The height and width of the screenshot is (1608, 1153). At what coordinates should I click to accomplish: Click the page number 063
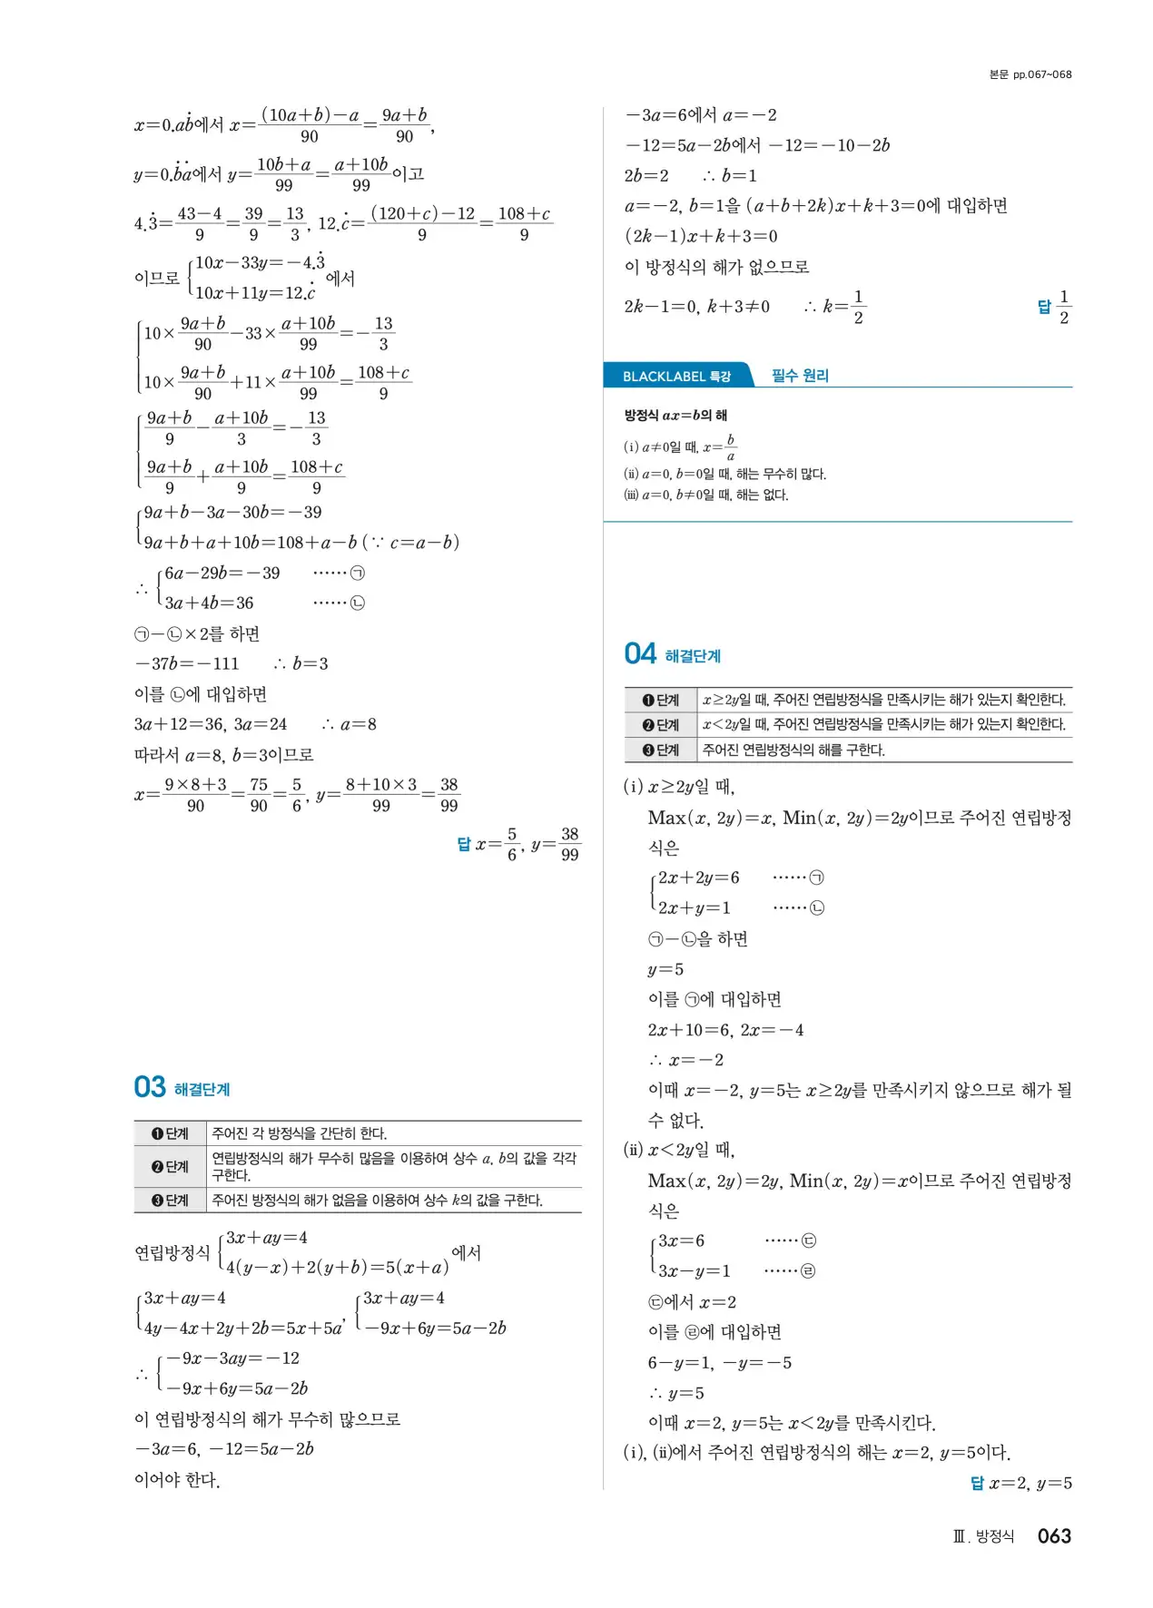click(1054, 1535)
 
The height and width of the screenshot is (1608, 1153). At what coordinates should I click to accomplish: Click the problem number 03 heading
click(150, 1087)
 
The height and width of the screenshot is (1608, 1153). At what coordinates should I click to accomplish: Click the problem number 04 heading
click(640, 653)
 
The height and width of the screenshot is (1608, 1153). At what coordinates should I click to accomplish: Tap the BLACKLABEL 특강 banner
click(676, 376)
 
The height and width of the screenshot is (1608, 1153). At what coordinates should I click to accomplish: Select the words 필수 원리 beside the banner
click(800, 376)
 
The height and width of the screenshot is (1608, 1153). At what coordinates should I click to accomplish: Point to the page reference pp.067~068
click(1030, 74)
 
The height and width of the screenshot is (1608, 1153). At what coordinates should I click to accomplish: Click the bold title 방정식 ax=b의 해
click(675, 416)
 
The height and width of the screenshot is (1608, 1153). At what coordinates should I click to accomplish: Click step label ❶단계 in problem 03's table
click(170, 1133)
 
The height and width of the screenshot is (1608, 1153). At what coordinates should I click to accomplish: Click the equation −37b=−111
click(187, 663)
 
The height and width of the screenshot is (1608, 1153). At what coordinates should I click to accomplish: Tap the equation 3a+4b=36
click(209, 603)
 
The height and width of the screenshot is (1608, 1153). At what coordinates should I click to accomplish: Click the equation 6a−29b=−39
click(222, 573)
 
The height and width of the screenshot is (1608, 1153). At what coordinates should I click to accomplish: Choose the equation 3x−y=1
click(694, 1270)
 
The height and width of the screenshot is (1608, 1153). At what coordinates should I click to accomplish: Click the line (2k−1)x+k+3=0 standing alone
click(701, 236)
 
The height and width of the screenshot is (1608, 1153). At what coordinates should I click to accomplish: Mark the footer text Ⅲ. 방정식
click(983, 1536)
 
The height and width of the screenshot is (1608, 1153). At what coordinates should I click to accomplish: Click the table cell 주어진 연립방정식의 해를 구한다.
click(793, 750)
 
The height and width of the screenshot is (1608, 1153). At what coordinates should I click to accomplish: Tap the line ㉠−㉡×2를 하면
click(197, 633)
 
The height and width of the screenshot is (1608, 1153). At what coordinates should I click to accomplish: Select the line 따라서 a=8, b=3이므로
click(223, 754)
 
